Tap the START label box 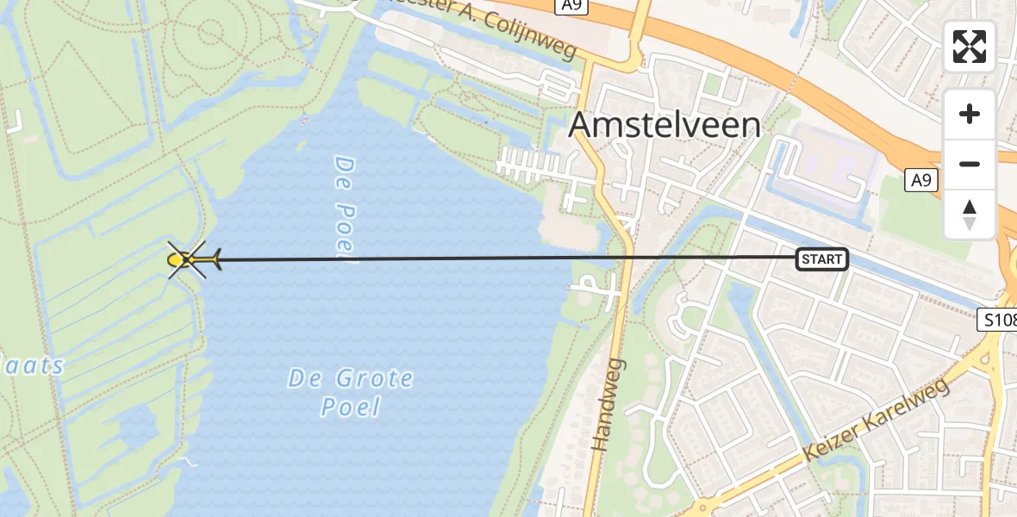coord(821,258)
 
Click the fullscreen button coord(970,47)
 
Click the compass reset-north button coord(970,215)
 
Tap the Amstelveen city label coord(665,126)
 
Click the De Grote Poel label coord(351,392)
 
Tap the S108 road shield coord(999,321)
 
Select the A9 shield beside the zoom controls coord(921,180)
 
